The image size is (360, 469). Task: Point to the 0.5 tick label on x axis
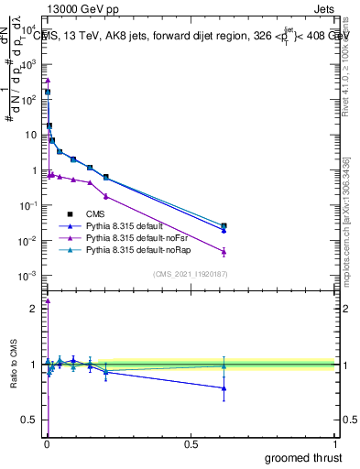tap(191, 443)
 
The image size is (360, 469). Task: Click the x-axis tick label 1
tap(336, 443)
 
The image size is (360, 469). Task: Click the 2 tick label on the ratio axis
tap(33, 309)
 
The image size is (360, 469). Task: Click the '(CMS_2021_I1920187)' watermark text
tap(190, 274)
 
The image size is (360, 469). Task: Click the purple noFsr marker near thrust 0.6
tap(224, 251)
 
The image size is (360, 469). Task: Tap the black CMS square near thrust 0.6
tap(224, 225)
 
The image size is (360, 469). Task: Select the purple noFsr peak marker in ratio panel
tap(48, 300)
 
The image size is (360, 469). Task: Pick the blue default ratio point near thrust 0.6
tap(224, 388)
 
